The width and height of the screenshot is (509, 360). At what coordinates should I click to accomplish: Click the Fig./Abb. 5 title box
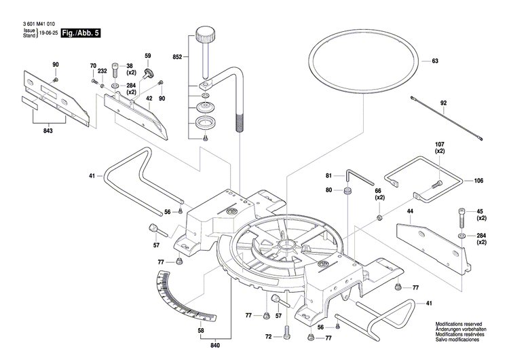[x=80, y=33]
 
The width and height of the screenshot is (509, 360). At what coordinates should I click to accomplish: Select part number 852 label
[x=177, y=56]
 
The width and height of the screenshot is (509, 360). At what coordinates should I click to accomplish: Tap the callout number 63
[x=435, y=61]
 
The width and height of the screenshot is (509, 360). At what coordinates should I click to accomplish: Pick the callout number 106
[x=479, y=181]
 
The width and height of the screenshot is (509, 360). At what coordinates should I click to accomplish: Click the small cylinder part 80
[x=347, y=192]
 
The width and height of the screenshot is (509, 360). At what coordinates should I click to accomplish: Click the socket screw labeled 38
[x=114, y=71]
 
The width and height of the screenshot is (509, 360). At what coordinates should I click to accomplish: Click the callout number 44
[x=409, y=212]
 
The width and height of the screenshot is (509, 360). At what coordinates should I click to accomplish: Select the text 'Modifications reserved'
[x=464, y=326]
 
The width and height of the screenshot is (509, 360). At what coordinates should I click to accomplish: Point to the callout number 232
[x=102, y=71]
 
